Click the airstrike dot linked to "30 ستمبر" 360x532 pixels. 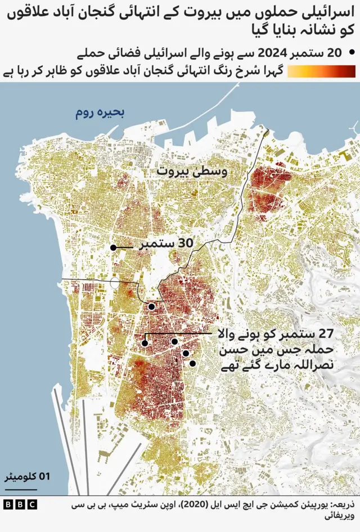pyautogui.click(x=113, y=247)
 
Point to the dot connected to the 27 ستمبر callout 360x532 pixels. pyautogui.click(x=145, y=342)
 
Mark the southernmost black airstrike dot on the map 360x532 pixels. pyautogui.click(x=192, y=364)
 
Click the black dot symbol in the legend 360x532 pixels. pyautogui.click(x=352, y=53)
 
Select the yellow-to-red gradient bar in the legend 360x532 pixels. pyautogui.click(x=321, y=71)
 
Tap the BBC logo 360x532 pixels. pyautogui.click(x=20, y=504)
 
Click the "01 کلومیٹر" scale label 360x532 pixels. pyautogui.click(x=28, y=476)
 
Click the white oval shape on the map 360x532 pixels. pyautogui.click(x=115, y=283)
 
